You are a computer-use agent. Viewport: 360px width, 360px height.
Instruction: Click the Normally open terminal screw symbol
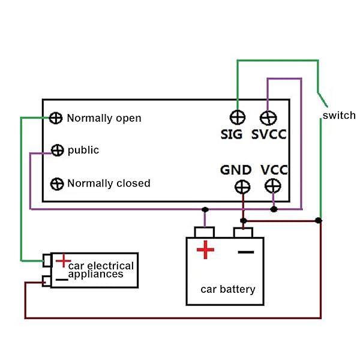[56, 118]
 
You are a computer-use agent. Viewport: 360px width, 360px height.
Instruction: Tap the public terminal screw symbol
[58, 150]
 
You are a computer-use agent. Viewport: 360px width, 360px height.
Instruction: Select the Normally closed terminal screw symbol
[58, 183]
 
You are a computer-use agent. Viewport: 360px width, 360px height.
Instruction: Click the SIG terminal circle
[238, 117]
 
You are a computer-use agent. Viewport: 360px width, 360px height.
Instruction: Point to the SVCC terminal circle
[268, 117]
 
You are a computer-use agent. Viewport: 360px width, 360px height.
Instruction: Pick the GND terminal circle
[242, 187]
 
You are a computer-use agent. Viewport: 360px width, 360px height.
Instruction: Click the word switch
[339, 115]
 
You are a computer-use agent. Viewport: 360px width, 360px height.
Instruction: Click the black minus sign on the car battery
[246, 251]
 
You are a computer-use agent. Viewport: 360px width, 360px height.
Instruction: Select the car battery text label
[228, 289]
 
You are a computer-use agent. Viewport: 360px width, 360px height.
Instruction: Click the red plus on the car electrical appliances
[63, 261]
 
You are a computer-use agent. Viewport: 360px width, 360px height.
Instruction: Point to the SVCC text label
[269, 134]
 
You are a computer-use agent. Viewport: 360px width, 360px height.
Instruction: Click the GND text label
[236, 170]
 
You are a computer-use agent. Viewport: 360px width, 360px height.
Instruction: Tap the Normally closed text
[109, 183]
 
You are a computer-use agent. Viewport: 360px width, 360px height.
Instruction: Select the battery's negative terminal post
[243, 232]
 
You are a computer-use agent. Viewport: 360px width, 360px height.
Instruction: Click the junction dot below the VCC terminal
[274, 209]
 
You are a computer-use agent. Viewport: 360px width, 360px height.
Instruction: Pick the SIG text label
[232, 134]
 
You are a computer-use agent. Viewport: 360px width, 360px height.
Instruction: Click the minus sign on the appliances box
[61, 279]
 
